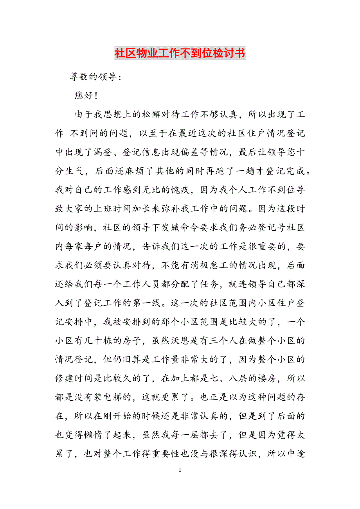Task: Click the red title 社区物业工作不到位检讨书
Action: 180,53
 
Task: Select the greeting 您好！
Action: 86,96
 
